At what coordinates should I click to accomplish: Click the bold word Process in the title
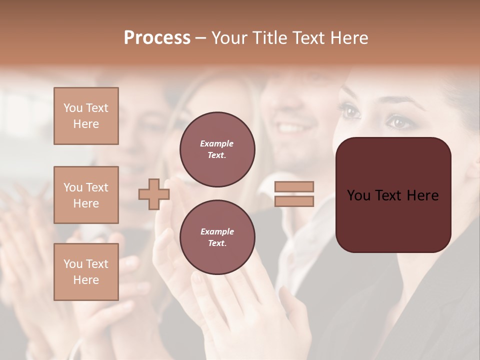tap(157, 38)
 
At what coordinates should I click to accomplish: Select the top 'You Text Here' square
tap(86, 116)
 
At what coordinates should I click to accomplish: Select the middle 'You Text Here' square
tap(86, 195)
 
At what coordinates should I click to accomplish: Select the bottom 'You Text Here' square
tap(86, 272)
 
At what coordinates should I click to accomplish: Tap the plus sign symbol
tap(153, 194)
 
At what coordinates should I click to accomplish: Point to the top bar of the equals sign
tap(294, 187)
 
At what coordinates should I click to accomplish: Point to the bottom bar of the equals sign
tap(294, 201)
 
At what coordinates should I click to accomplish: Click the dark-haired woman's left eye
tap(351, 111)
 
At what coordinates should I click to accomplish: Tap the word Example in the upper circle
tap(216, 144)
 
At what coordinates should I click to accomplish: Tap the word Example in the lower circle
tap(217, 232)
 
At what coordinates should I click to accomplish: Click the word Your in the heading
tap(230, 38)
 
